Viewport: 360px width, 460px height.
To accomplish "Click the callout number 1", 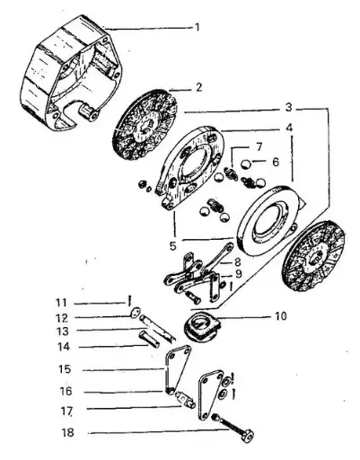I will tap(197, 27).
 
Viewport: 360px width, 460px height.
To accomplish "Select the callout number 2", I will tap(198, 88).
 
